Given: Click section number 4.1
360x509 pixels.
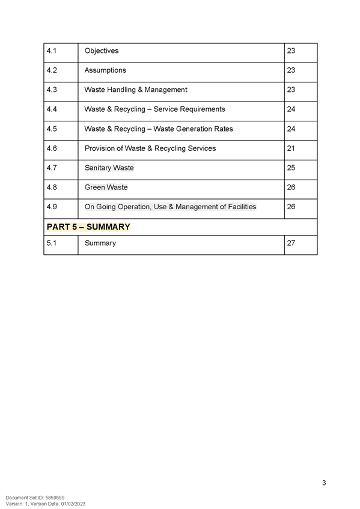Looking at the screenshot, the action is (x=51, y=50).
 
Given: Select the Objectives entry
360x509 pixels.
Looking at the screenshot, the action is (x=102, y=50).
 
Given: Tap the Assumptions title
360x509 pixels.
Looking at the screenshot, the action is (x=105, y=70).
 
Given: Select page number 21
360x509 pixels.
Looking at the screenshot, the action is (x=291, y=148).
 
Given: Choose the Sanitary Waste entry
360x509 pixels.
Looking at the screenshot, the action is (x=109, y=168).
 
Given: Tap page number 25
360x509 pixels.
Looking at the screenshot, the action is (x=291, y=168).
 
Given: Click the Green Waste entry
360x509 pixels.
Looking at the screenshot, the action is (x=106, y=187).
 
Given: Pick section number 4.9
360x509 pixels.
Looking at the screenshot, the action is (x=52, y=207).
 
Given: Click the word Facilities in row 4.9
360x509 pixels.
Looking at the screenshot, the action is (x=242, y=207).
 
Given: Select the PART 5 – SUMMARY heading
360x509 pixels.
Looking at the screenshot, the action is (x=88, y=227).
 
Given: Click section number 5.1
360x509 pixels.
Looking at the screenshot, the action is (x=51, y=243).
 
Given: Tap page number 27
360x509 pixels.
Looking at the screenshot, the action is (x=291, y=243).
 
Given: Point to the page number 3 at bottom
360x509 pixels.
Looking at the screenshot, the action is (x=324, y=483).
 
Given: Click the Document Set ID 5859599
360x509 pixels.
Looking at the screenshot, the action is (x=35, y=498).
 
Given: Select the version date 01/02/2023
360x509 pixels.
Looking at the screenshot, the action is (x=73, y=504).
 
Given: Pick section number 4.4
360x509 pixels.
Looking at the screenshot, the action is (x=52, y=109).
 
